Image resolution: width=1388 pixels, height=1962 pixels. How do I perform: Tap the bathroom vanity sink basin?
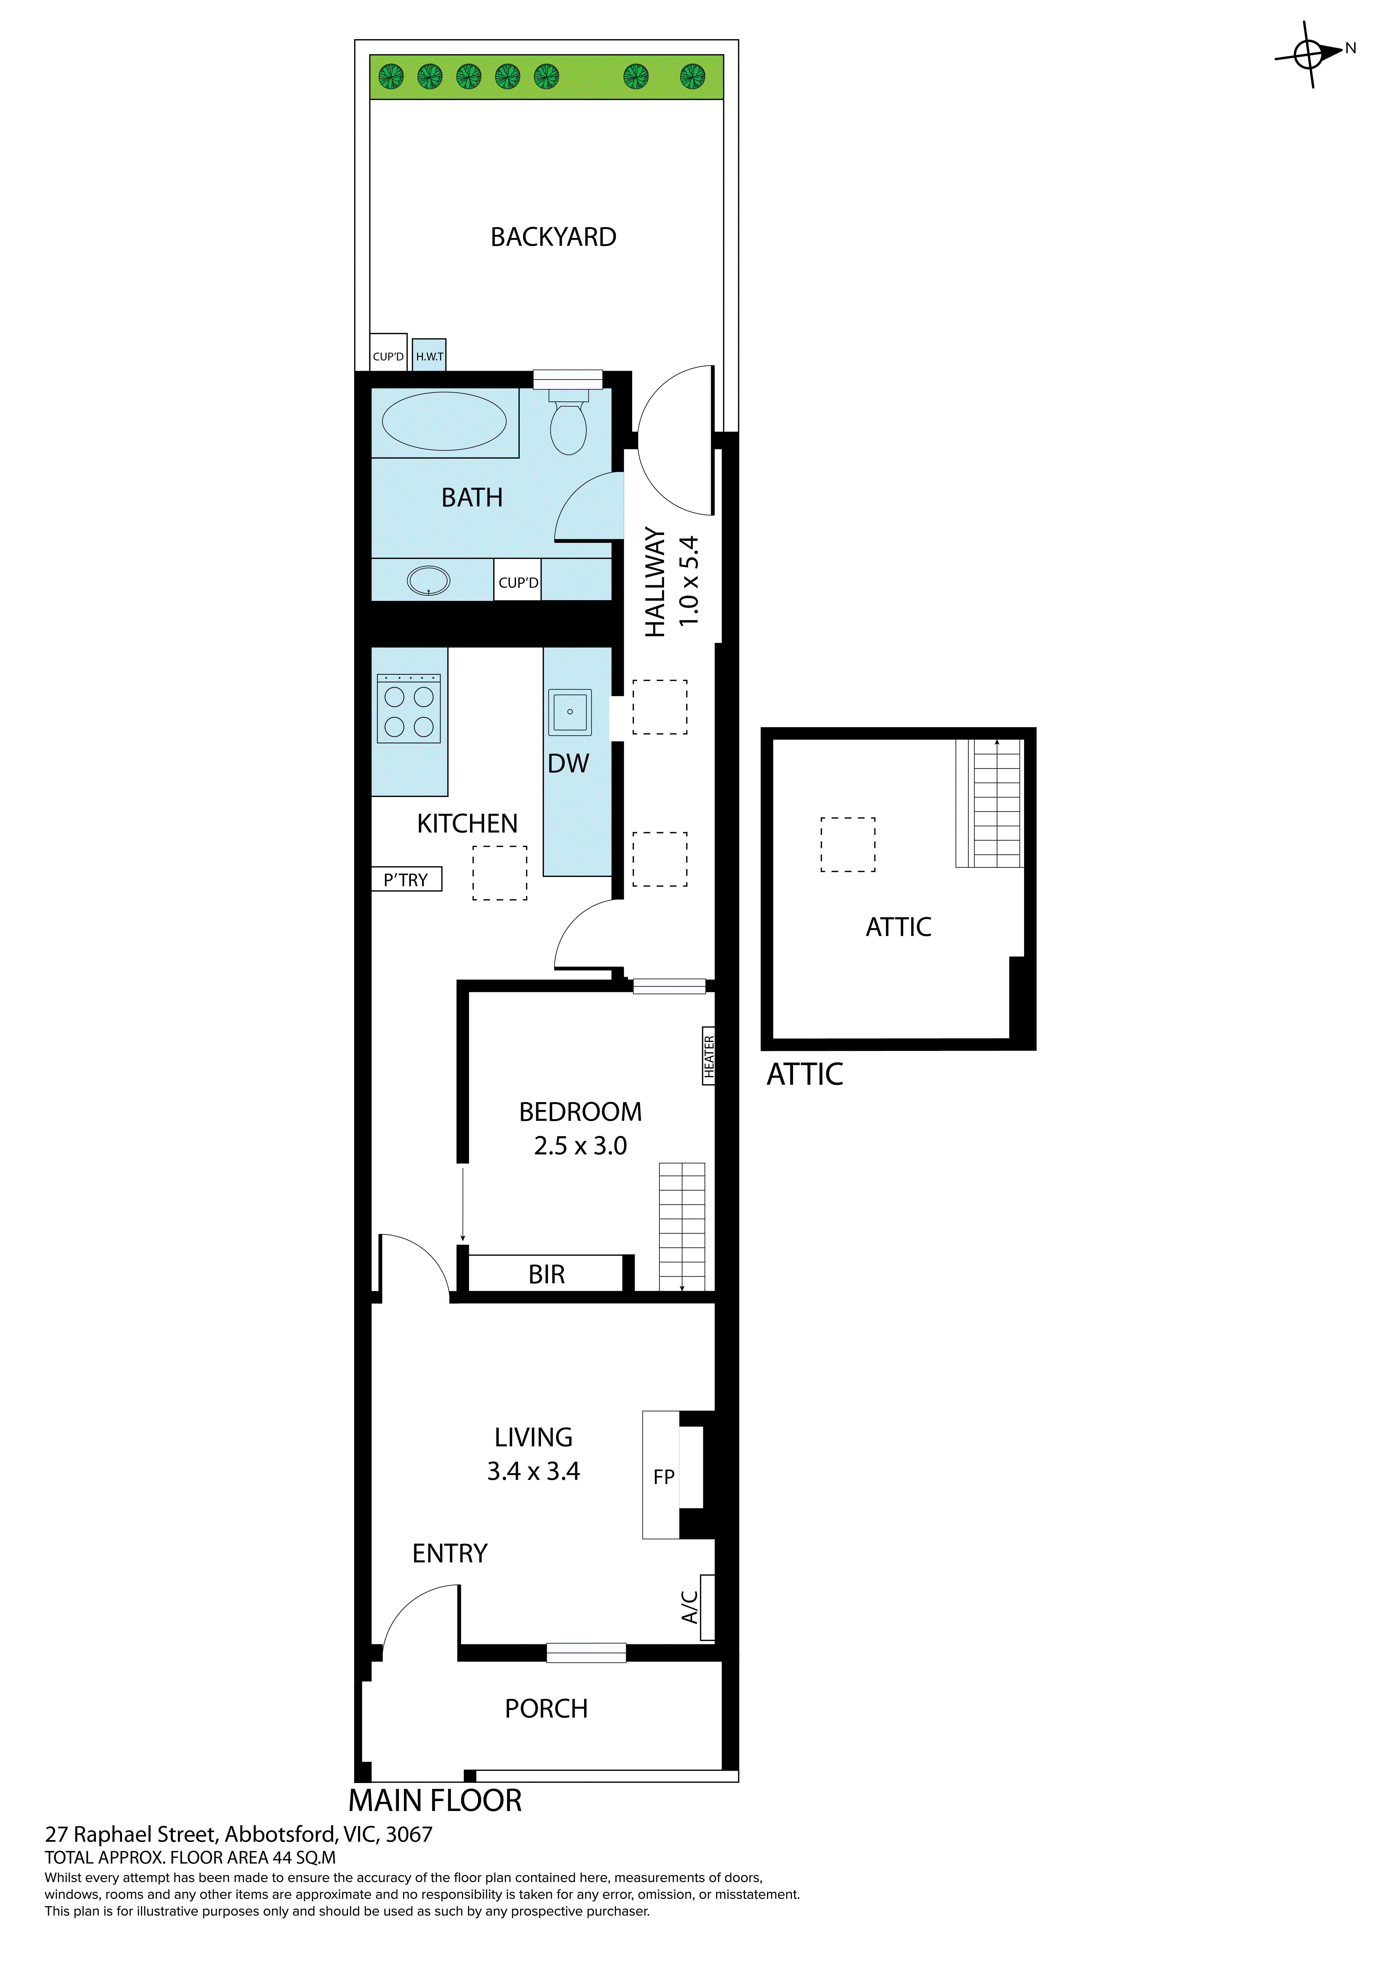[x=428, y=581]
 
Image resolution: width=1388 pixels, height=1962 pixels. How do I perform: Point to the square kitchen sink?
[x=569, y=711]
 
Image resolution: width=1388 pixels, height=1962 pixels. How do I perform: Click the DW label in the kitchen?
[x=568, y=763]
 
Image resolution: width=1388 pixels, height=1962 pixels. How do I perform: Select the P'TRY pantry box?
[x=406, y=879]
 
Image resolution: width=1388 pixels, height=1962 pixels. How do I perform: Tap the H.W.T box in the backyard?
[x=429, y=355]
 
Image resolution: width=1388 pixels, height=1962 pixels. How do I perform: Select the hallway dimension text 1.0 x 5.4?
[x=689, y=581]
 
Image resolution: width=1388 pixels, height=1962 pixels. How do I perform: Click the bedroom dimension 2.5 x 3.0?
[x=580, y=1146]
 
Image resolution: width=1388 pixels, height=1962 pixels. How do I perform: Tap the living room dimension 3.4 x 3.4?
[x=533, y=1471]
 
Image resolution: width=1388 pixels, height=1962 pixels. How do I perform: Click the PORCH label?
[x=546, y=1709]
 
